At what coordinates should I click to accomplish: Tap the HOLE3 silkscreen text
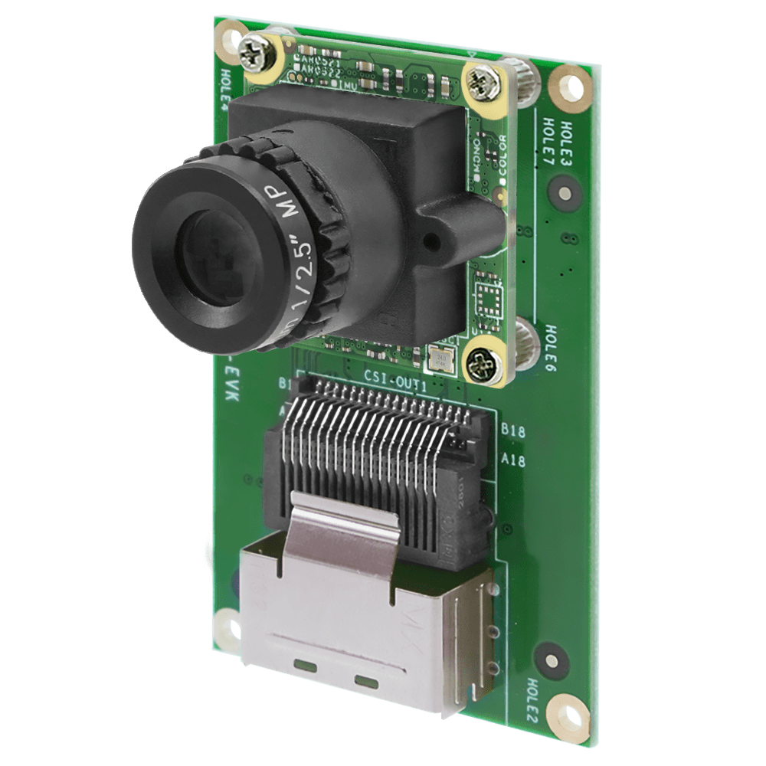567,139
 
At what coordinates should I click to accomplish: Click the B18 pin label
512,431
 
